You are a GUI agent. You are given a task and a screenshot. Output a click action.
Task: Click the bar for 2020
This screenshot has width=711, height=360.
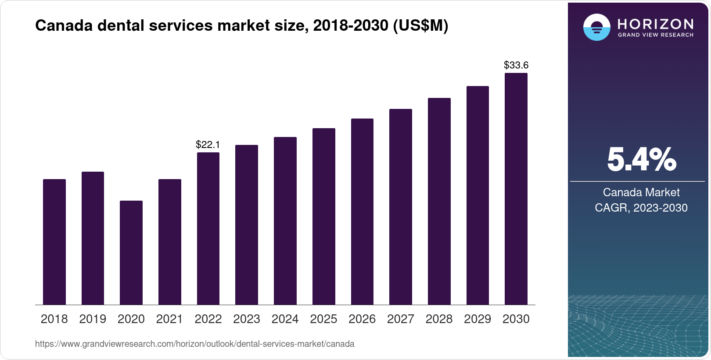(131, 252)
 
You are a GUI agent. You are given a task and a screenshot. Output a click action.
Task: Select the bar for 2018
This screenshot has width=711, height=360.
(54, 241)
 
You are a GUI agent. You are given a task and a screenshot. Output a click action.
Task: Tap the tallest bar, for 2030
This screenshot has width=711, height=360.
(516, 189)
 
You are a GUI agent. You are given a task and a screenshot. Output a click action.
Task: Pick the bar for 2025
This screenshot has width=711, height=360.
(324, 216)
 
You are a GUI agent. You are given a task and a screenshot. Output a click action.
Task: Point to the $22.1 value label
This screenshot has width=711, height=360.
(208, 144)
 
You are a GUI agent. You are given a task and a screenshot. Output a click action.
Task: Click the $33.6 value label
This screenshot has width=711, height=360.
(516, 65)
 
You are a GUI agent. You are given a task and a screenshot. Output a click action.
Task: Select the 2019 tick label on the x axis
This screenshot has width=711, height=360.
(93, 319)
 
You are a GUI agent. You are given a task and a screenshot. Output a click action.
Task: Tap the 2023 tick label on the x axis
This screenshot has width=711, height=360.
(247, 319)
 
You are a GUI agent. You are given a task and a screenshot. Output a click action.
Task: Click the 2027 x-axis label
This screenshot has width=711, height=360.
(401, 319)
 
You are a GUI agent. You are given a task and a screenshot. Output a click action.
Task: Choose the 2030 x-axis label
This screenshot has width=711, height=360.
(516, 319)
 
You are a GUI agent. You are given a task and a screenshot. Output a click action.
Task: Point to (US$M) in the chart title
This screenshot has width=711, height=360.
(420, 26)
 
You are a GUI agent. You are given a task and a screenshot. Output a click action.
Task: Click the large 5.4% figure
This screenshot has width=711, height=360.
(642, 160)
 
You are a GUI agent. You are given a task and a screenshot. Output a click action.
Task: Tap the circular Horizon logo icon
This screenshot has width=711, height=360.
(596, 27)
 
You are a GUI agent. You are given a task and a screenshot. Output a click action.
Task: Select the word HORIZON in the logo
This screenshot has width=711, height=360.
(656, 24)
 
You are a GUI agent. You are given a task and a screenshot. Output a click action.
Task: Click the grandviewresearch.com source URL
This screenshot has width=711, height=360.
(194, 344)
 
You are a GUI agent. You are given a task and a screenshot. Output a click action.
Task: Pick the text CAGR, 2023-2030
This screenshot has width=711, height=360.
(641, 208)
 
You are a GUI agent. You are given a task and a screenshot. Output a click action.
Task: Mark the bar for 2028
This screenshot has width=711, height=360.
(439, 201)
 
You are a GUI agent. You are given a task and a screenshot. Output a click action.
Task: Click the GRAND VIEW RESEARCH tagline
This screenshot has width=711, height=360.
(656, 35)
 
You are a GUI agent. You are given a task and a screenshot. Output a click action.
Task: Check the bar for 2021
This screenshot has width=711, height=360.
(170, 241)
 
